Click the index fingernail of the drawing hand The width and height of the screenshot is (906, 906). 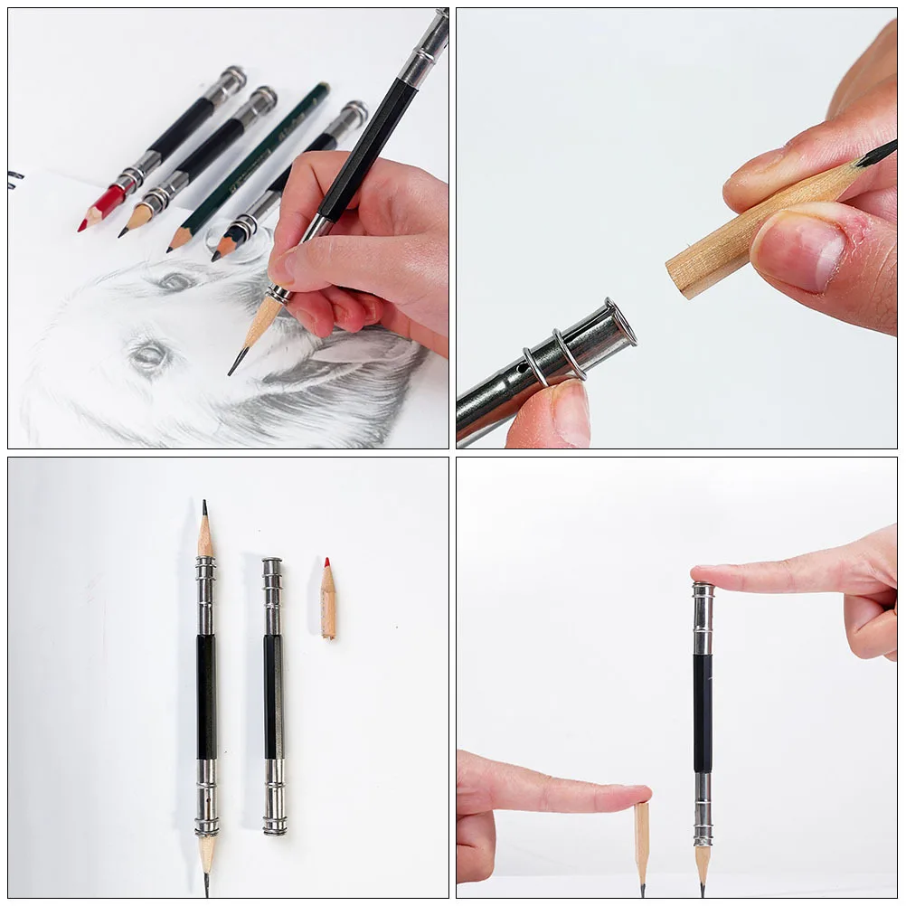284,267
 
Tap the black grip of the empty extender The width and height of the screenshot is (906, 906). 272,696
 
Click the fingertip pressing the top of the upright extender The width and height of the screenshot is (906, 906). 706,575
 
